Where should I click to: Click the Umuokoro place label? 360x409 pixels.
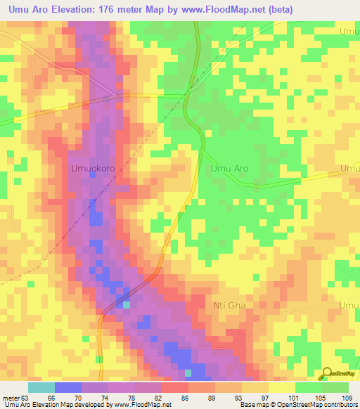click(x=92, y=169)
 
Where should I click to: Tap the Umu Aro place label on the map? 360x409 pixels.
click(x=229, y=169)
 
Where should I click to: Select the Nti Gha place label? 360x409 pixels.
click(x=231, y=306)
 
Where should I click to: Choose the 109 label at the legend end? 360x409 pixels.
click(x=347, y=397)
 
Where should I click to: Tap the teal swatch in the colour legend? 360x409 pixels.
click(x=41, y=387)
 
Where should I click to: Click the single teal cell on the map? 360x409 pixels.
click(x=127, y=304)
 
